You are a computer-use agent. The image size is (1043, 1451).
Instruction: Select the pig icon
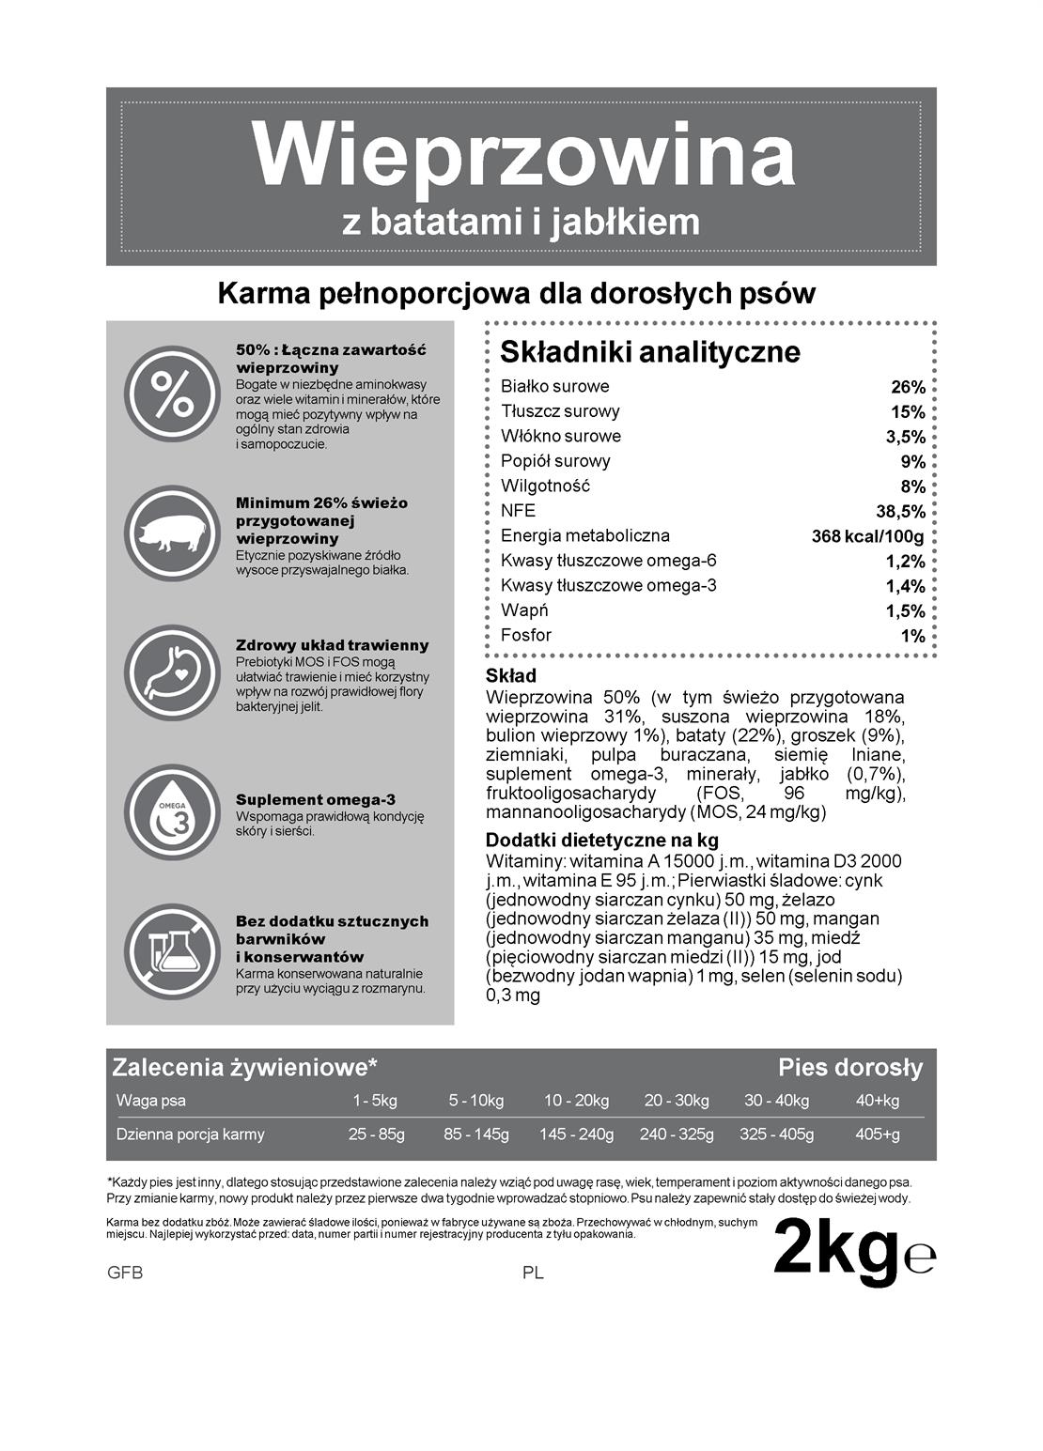(171, 533)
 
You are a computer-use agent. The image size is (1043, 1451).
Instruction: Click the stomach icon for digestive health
(171, 672)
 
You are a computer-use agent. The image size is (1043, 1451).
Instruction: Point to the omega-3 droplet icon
(171, 812)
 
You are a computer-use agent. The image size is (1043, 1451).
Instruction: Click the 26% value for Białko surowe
(908, 387)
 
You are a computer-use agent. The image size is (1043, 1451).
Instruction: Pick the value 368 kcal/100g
(867, 537)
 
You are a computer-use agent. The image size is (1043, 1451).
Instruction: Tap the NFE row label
(518, 511)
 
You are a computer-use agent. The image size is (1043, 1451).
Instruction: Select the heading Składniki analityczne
(650, 352)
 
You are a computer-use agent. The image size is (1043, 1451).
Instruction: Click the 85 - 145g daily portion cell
(476, 1135)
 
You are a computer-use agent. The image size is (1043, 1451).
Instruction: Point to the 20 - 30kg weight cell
(677, 1101)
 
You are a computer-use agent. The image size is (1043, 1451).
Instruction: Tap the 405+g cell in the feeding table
(878, 1135)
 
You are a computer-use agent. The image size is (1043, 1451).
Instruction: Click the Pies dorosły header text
(850, 1068)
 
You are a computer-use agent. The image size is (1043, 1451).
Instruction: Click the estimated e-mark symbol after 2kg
(920, 1258)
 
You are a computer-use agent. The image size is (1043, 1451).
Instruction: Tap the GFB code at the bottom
(125, 1274)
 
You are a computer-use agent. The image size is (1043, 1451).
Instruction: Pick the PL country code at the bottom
(533, 1274)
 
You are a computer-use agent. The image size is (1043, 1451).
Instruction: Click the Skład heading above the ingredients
(511, 676)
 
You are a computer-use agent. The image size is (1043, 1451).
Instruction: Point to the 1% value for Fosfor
(913, 636)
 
